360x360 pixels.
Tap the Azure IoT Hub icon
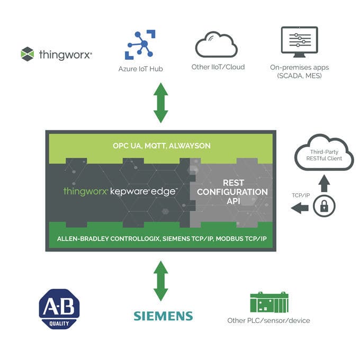[140, 44]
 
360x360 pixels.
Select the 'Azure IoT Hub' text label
[140, 69]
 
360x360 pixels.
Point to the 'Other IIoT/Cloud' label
[218, 67]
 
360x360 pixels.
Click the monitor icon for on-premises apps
[299, 42]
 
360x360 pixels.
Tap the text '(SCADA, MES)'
[299, 76]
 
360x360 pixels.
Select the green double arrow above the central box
[160, 103]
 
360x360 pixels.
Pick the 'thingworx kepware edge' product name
[120, 191]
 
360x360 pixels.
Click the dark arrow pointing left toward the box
[300, 208]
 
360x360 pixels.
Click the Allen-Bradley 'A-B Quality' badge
[59, 309]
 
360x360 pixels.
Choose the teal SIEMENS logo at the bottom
[163, 316]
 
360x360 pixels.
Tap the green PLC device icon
[268, 302]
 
